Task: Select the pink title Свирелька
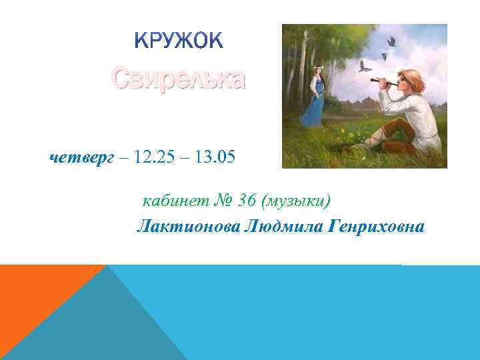coord(178,79)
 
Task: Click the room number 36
coord(247,201)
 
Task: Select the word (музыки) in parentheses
coord(296,201)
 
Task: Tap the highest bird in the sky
coord(391,41)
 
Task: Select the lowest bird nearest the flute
coord(364,67)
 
